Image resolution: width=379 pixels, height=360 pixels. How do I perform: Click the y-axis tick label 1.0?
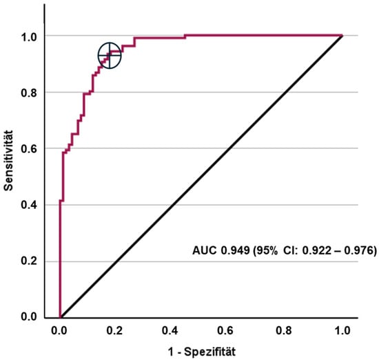29,37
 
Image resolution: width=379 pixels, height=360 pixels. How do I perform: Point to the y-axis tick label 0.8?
29,92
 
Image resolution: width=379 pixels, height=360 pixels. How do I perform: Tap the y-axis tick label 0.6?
29,149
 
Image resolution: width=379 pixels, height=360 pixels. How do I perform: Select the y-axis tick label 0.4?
29,205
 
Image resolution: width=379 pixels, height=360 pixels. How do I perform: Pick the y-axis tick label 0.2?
29,261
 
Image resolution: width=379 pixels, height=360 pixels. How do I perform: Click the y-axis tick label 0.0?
29,317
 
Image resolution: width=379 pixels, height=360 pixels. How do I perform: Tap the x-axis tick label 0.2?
114,330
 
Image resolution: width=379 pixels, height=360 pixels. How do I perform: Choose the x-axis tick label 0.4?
170,330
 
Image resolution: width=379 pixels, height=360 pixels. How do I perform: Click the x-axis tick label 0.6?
225,330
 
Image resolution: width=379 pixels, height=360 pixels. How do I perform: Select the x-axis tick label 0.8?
284,330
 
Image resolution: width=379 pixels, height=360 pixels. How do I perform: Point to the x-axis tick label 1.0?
342,330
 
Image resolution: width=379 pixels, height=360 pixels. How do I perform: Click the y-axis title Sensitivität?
9,161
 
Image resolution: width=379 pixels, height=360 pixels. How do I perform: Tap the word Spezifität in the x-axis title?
209,352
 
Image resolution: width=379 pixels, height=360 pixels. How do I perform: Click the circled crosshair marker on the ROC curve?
110,55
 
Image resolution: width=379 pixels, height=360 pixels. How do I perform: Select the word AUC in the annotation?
205,250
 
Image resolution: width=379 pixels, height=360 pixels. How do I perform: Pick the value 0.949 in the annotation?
235,250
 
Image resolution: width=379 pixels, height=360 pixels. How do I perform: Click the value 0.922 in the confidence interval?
317,250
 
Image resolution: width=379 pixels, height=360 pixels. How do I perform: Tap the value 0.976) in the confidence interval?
360,250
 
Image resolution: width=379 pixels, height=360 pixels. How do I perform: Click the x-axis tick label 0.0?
59,330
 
